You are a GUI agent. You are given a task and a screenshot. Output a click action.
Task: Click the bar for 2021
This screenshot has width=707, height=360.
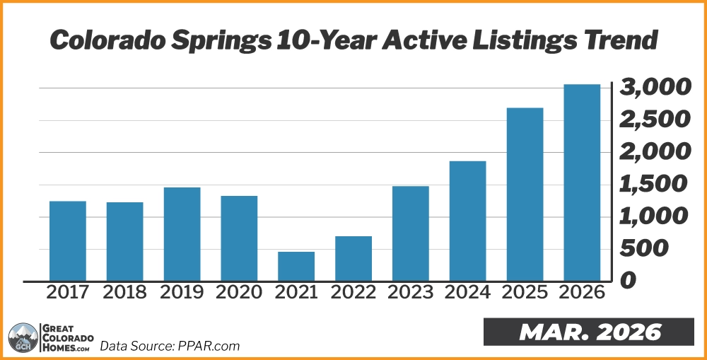[296, 266]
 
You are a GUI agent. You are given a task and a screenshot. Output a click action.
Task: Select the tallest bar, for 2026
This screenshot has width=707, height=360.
[582, 182]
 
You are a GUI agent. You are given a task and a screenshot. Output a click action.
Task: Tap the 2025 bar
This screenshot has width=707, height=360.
[525, 194]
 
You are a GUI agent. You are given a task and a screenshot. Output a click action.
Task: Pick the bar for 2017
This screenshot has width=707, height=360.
[68, 241]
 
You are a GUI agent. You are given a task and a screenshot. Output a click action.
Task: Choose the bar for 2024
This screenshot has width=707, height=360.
[468, 221]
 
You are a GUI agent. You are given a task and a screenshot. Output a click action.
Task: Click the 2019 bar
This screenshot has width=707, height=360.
[182, 234]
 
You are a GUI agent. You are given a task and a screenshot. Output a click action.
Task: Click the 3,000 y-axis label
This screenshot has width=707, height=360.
[654, 88]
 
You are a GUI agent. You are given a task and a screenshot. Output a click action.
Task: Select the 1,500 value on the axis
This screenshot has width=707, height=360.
[654, 185]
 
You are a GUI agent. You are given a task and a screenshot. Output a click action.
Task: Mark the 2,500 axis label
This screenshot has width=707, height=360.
[654, 120]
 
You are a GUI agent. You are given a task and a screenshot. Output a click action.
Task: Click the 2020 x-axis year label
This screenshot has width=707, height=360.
[239, 293]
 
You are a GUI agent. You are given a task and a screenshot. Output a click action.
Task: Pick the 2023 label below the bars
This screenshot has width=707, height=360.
[411, 293]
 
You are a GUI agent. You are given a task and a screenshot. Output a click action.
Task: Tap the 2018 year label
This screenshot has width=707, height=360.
[125, 293]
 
